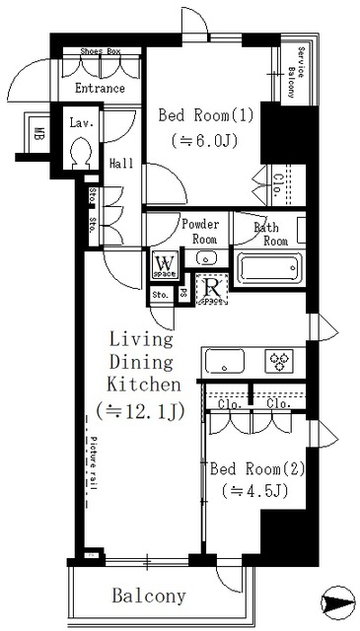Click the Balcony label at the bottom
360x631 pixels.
(x=148, y=596)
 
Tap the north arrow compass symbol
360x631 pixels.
(x=336, y=601)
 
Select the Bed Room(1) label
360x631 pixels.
(x=206, y=115)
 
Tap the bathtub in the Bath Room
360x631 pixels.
(x=269, y=269)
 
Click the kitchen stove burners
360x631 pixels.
(x=278, y=362)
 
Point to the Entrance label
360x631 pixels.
(x=99, y=89)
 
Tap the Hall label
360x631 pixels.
(x=122, y=164)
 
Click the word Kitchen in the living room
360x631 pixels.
(x=143, y=385)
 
